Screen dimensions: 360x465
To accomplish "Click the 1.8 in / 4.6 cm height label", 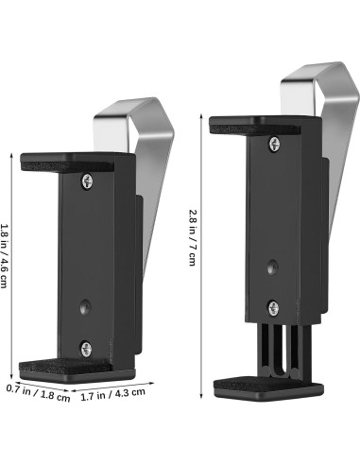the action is pyautogui.click(x=4, y=256).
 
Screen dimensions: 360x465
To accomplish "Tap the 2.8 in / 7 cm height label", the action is pyautogui.click(x=192, y=238).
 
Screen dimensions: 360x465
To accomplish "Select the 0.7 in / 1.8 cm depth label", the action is pyautogui.click(x=38, y=393).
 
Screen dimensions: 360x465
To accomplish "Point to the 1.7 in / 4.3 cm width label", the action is pyautogui.click(x=113, y=394).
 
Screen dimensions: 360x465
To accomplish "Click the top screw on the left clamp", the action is pyautogui.click(x=87, y=181).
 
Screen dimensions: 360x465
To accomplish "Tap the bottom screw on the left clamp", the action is pyautogui.click(x=86, y=349).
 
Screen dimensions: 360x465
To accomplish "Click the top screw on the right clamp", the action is pyautogui.click(x=274, y=144).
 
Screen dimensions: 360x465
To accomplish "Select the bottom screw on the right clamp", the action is pyautogui.click(x=273, y=308).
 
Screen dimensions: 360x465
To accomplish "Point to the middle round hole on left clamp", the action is pyautogui.click(x=85, y=306).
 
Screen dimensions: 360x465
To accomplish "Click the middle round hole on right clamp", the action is pyautogui.click(x=273, y=267).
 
